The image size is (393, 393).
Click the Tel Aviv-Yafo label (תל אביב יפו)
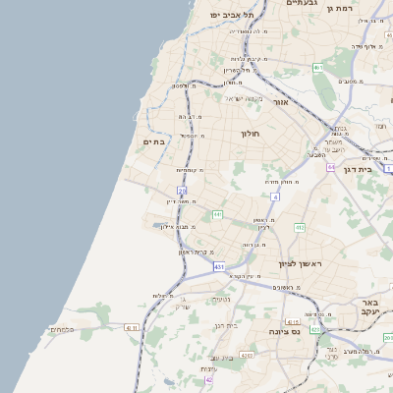(231, 15)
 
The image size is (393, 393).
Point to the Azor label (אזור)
(280, 102)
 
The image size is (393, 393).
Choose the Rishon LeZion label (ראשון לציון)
(301, 264)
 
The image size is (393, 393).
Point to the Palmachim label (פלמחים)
(61, 329)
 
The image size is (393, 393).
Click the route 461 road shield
(318, 68)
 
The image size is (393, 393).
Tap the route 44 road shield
(331, 168)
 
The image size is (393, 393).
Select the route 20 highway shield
(182, 190)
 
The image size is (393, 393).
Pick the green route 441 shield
(217, 214)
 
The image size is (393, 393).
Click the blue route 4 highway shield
(276, 196)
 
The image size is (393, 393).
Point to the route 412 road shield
(301, 228)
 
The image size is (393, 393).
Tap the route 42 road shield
(208, 379)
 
